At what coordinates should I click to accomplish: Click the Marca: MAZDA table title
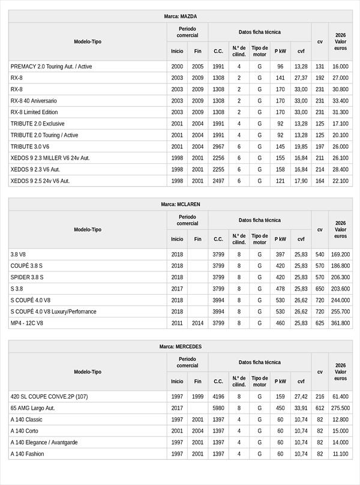[180, 16]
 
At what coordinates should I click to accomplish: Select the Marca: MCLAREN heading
[180, 204]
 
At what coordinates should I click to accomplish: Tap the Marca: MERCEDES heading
[180, 346]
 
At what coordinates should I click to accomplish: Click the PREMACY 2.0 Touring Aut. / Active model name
[51, 67]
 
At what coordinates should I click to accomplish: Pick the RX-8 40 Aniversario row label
[34, 101]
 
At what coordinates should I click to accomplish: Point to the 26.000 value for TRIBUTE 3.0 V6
[340, 146]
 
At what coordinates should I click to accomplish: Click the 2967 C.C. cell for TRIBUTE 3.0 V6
[218, 146]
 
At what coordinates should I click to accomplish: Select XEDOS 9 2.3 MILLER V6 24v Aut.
[50, 158]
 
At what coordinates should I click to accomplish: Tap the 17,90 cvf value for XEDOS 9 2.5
[301, 181]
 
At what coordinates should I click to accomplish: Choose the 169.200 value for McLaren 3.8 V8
[340, 255]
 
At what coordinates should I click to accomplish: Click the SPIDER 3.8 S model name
[27, 277]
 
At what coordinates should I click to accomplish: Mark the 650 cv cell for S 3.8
[320, 289]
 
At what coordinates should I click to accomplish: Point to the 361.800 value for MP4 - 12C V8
[340, 323]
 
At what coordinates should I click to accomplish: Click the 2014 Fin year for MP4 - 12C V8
[197, 323]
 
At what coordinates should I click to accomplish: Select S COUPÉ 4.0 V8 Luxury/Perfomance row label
[53, 312]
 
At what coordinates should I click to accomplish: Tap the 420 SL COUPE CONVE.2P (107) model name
[49, 397]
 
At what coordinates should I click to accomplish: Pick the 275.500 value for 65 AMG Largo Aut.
[340, 408]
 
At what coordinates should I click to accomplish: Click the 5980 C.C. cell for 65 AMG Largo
[218, 408]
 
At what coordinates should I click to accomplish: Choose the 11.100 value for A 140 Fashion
[340, 454]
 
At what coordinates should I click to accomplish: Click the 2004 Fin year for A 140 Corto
[197, 431]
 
